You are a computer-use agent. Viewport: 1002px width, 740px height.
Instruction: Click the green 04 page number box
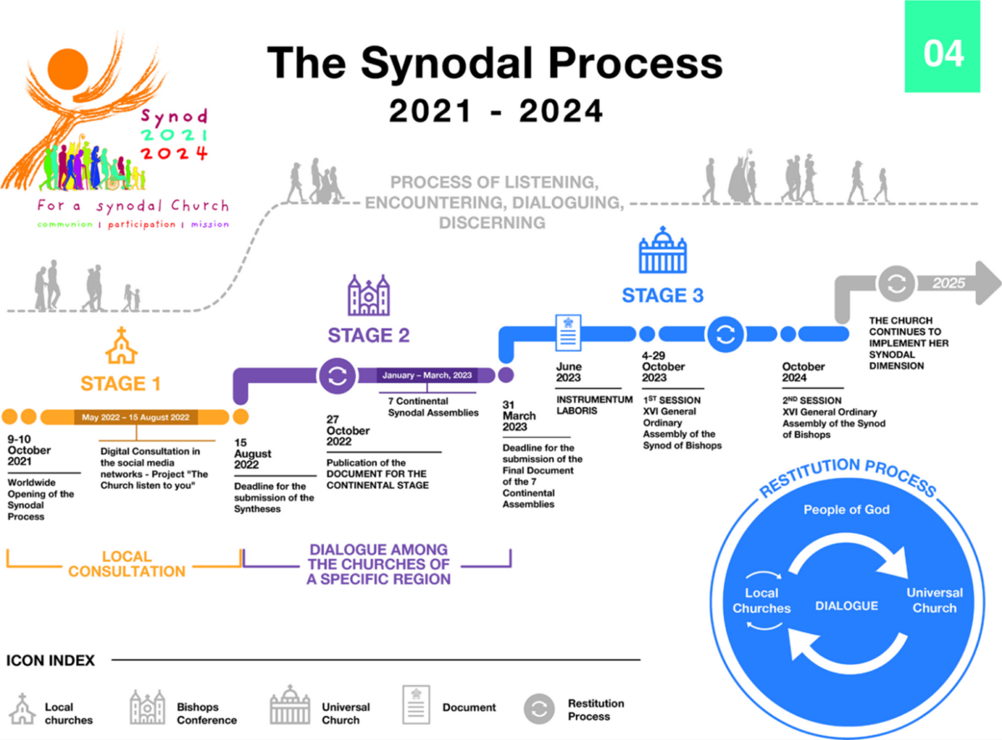point(944,53)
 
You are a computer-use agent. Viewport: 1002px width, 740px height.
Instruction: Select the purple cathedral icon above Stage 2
point(368,296)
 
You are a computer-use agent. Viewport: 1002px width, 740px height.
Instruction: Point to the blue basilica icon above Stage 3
point(662,251)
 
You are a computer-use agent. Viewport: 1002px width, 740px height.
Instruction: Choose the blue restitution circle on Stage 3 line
point(725,335)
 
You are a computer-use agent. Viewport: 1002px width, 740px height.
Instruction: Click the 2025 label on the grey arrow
point(949,283)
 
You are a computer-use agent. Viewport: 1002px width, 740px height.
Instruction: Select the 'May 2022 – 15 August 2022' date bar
point(134,416)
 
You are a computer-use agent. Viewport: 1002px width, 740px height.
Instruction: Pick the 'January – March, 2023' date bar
point(427,375)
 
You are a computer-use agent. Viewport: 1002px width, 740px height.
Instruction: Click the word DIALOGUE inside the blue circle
point(846,606)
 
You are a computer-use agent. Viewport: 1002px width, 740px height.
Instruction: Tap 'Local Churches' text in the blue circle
point(762,601)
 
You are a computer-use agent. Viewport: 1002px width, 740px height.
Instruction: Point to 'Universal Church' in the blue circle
point(934,600)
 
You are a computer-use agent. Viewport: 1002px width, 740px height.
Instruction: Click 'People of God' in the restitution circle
point(847,510)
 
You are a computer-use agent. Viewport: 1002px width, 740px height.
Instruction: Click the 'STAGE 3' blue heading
point(662,295)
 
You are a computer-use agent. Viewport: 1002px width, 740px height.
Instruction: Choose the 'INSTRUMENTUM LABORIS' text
point(589,405)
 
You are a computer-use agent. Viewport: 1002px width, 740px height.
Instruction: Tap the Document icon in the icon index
point(416,706)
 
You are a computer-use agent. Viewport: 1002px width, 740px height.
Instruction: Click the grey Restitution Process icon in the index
point(539,708)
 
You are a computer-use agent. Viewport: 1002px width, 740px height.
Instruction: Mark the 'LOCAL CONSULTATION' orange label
point(127,564)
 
